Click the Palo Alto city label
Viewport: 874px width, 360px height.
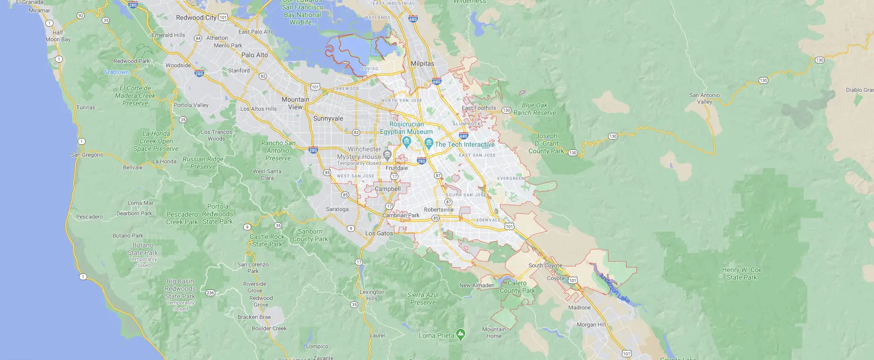(x=255, y=55)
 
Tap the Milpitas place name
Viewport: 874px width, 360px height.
(x=422, y=63)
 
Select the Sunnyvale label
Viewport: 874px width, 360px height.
(x=328, y=118)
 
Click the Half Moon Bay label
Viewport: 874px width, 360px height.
(x=58, y=36)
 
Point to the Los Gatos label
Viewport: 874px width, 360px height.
(x=379, y=233)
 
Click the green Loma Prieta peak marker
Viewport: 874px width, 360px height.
(x=460, y=334)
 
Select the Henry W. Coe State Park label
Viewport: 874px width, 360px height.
(x=742, y=273)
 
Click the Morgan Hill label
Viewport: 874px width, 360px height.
(x=591, y=325)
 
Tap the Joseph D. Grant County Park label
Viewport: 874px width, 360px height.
(x=547, y=143)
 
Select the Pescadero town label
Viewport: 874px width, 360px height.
(x=89, y=217)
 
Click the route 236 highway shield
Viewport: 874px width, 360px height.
(x=211, y=293)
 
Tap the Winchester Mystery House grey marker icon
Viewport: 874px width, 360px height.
(x=387, y=154)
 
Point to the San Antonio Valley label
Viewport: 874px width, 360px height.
(x=704, y=98)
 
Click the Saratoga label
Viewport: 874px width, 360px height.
(x=337, y=209)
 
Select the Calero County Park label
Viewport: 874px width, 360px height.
(x=517, y=287)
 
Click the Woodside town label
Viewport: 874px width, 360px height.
(x=178, y=65)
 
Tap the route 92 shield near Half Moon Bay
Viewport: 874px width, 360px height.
(x=80, y=16)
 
